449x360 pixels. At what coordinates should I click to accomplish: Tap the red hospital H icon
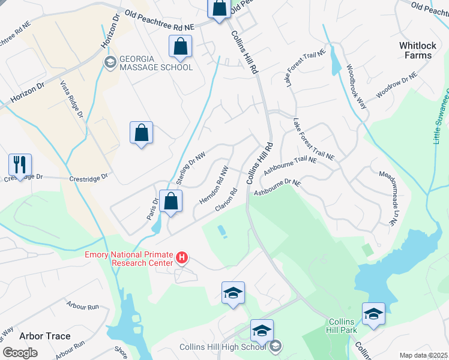(x=182, y=259)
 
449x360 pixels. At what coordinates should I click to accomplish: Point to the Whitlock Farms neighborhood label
(x=416, y=50)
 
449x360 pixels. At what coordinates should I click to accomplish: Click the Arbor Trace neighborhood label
(x=44, y=336)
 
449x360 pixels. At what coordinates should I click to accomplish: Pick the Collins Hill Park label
(x=342, y=326)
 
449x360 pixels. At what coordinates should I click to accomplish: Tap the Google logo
(x=19, y=352)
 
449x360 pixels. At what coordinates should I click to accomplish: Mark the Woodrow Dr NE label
(x=396, y=85)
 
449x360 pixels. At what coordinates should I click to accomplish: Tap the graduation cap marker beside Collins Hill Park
(x=373, y=314)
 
